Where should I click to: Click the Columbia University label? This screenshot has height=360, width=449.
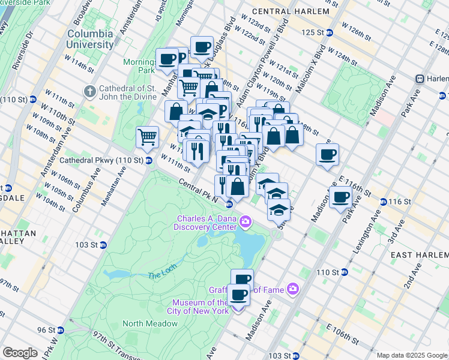[x=90, y=39]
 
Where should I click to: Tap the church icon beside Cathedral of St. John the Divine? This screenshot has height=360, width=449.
[x=90, y=92]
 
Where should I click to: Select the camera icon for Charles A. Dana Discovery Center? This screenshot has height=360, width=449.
[x=245, y=223]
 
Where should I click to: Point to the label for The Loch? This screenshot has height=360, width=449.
[x=161, y=275]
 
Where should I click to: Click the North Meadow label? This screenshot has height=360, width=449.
[x=150, y=323]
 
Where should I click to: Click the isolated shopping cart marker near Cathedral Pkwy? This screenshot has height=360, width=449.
[x=147, y=137]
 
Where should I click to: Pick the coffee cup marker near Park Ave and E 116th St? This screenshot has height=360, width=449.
[x=341, y=197]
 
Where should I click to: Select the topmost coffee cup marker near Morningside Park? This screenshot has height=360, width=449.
[x=202, y=47]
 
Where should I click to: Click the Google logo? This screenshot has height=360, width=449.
[x=20, y=353]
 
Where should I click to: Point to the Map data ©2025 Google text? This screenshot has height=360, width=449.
[x=411, y=355]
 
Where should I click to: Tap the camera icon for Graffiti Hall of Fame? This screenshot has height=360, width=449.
[x=292, y=289]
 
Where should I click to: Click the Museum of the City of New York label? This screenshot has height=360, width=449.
[x=200, y=307]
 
